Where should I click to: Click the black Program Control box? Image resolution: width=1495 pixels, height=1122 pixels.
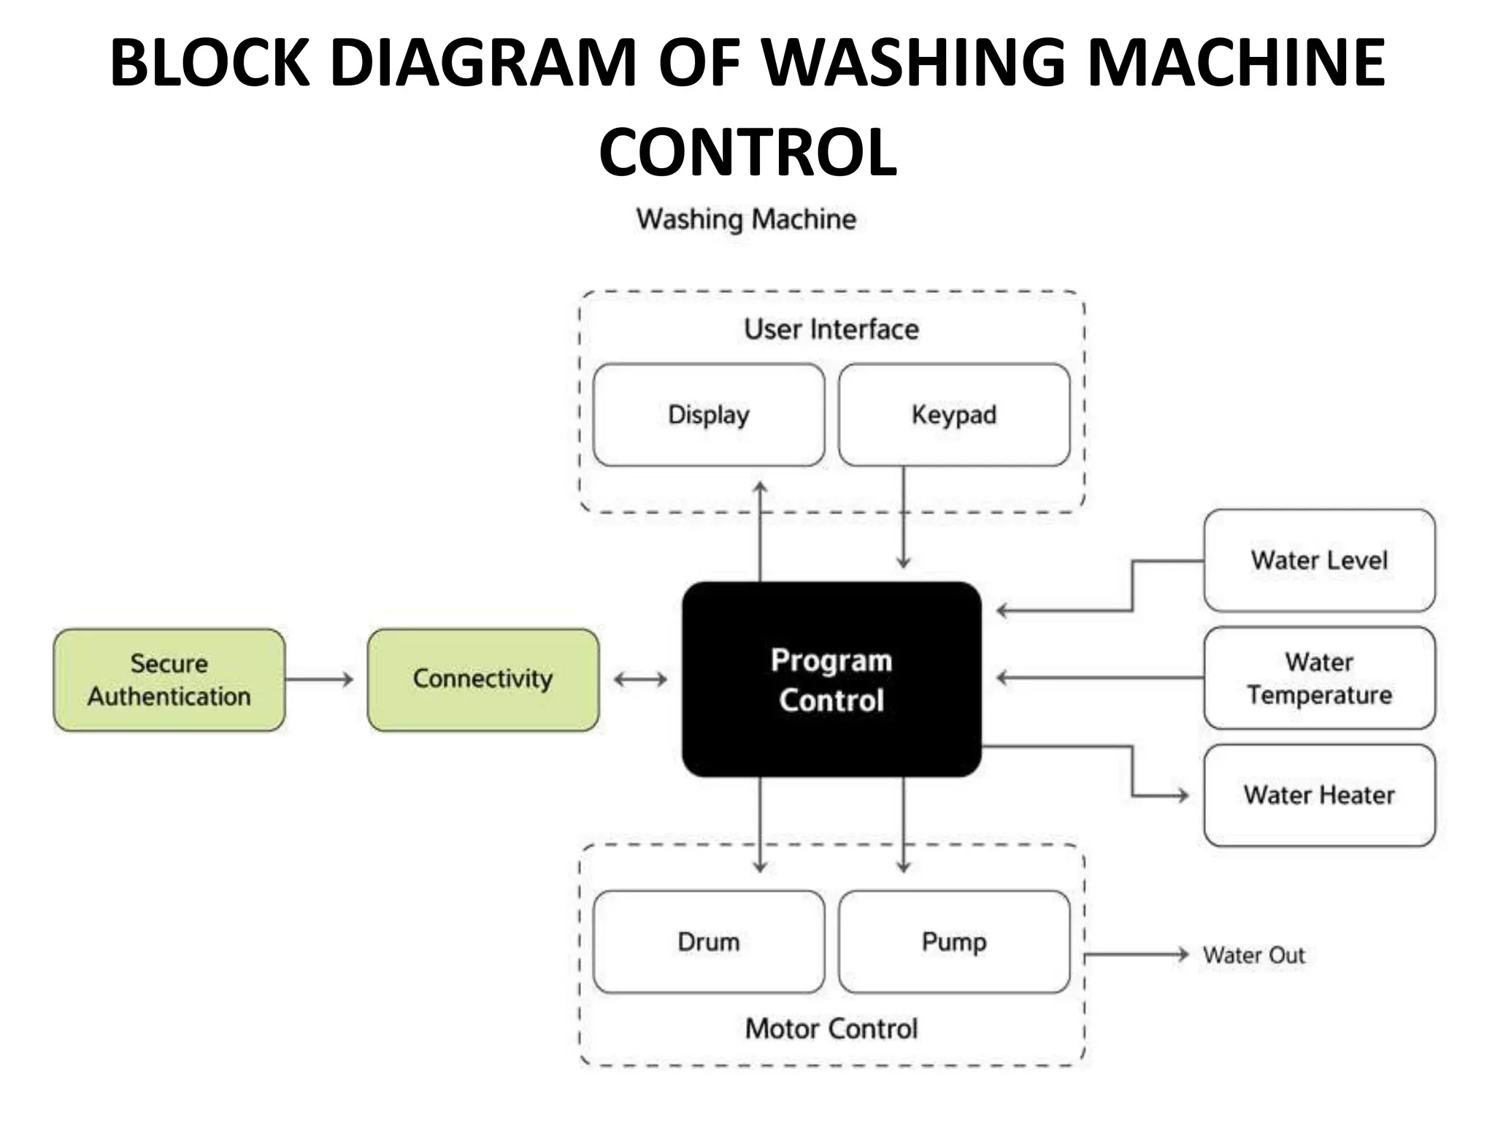831,679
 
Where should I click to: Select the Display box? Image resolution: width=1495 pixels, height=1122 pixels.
708,415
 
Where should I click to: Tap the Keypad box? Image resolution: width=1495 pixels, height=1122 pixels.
953,415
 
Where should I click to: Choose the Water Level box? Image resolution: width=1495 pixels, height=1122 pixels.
1318,560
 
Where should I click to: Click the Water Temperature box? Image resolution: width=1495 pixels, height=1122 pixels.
1318,678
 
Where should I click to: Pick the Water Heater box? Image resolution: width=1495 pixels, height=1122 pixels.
1318,795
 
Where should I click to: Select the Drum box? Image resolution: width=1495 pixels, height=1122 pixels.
708,942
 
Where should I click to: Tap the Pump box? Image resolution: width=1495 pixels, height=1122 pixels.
953,942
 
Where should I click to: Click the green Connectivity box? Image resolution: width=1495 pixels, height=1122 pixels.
483,679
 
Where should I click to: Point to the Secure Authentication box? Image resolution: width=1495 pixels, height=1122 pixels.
169,679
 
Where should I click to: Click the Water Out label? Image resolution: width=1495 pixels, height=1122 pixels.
1253,955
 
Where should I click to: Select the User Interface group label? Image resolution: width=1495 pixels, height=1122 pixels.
831,329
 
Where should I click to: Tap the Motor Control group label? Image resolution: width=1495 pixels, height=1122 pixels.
831,1028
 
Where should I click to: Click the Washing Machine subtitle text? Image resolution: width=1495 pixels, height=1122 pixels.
745,219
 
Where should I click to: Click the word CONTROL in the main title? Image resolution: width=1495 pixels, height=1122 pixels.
747,152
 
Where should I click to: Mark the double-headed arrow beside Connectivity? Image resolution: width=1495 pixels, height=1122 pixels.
640,680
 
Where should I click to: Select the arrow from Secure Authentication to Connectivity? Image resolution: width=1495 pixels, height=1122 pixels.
319,679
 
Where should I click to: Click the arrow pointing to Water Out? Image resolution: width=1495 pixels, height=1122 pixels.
1136,954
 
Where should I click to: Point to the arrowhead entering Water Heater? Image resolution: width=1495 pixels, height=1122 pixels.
1183,795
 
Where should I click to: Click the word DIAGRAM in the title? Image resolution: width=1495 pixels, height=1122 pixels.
483,63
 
